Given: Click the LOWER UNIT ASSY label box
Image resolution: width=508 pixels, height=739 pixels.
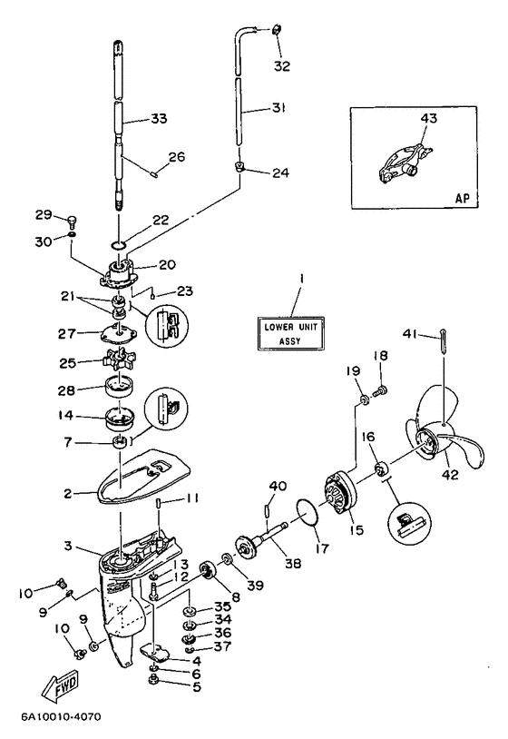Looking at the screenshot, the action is pos(290,334).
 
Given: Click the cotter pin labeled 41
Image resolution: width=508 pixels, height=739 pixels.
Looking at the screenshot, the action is pos(444,340).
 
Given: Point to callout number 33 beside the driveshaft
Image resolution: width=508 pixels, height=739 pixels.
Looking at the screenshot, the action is pos(159,118).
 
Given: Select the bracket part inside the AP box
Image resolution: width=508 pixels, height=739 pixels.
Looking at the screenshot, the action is pos(405,163).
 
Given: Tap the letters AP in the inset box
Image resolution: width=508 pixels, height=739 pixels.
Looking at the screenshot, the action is pos(462,198).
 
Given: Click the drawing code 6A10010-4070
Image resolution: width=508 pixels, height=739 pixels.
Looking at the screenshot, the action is pos(61,717).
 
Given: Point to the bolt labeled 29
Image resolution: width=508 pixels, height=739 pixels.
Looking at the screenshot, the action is pos(72,221).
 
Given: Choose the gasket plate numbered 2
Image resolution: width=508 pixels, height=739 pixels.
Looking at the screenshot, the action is pos(142,473).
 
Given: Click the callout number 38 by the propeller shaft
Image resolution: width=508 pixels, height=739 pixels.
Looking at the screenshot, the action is pos(293,563).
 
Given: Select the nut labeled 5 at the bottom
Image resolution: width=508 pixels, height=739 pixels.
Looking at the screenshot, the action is pos(154,680).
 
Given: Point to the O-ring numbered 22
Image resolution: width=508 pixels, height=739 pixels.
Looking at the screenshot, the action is pos(118,244).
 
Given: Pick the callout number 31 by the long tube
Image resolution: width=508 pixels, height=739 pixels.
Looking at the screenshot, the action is pos(278,108).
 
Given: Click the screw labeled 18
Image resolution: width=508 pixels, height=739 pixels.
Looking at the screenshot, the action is pos(379,390).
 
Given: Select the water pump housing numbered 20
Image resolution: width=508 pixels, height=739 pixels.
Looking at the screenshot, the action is pos(118,274).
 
